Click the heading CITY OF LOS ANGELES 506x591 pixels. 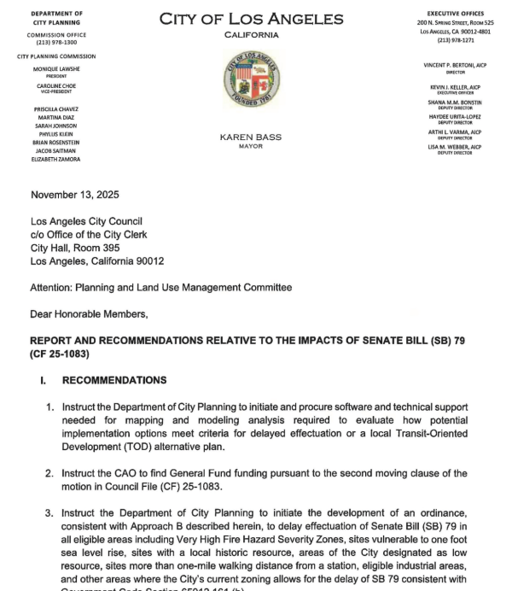coord(251,19)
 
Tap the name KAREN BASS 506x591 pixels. coord(251,137)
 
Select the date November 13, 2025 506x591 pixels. coord(75,195)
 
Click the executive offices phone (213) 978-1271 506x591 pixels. coord(455,40)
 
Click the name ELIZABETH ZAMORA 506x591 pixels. coord(55,159)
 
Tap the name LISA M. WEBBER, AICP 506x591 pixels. coord(454,147)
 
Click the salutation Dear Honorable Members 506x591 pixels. coord(89,313)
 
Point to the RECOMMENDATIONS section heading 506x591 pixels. coord(114,380)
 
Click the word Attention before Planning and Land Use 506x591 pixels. coord(54,288)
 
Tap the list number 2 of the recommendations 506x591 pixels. coord(50,472)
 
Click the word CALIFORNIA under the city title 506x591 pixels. coord(251,35)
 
